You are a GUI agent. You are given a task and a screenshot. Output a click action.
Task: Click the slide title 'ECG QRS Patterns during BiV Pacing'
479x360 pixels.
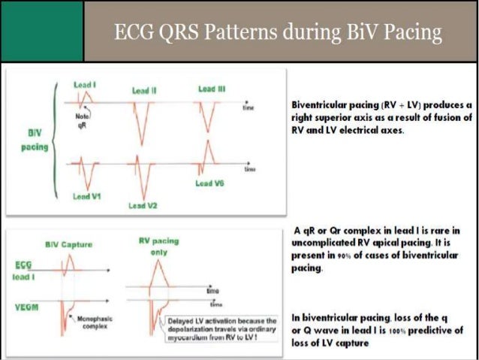[277, 32]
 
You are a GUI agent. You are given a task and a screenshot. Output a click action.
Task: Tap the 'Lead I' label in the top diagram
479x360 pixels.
[83, 86]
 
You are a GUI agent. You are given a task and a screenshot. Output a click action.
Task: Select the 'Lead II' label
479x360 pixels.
[144, 90]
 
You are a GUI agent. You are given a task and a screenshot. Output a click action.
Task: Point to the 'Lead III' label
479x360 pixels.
[212, 89]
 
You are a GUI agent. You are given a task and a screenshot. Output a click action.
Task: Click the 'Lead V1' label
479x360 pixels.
[88, 196]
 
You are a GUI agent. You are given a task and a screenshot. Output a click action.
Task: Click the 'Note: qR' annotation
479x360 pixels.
[83, 123]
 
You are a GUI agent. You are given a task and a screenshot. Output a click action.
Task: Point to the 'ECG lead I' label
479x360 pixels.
[23, 270]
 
